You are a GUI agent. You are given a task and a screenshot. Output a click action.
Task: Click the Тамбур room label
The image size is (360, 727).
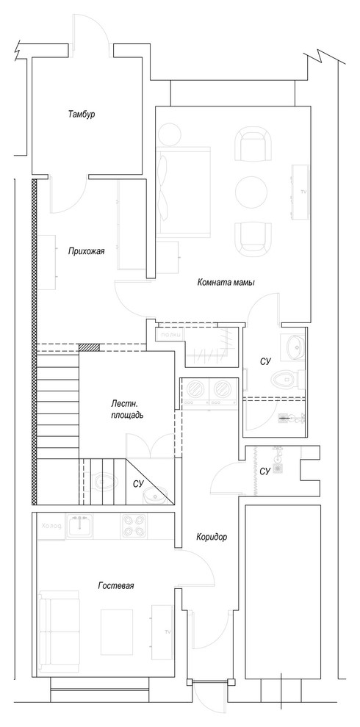(x=82, y=115)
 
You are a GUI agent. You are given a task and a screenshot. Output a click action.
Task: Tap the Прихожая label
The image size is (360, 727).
(x=86, y=250)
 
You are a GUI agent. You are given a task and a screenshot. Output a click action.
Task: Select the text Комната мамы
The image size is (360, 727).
(x=226, y=282)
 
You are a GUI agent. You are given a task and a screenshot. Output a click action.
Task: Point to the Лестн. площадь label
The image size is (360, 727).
(x=122, y=409)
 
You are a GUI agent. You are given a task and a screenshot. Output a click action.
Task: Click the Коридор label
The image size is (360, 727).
(x=212, y=537)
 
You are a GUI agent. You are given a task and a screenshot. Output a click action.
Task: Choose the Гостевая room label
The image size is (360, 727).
(x=115, y=585)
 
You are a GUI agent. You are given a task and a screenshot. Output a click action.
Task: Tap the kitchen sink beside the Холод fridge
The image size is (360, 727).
(x=79, y=526)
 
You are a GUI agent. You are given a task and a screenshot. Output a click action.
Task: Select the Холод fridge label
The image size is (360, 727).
(x=51, y=526)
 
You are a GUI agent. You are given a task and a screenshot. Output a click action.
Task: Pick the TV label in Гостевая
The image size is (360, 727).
(x=167, y=632)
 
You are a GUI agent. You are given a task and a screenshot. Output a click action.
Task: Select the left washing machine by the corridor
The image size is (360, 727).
(x=195, y=393)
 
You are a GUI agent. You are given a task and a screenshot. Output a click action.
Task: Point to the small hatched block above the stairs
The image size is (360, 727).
(x=88, y=347)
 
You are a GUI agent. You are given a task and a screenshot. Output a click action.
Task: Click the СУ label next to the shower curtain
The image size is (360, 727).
(x=266, y=470)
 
